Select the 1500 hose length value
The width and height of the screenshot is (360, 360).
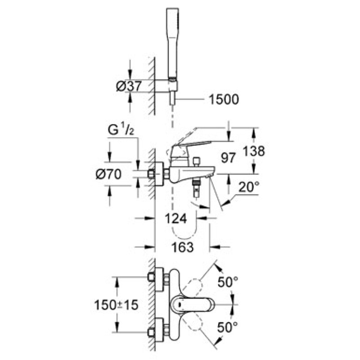(x=224, y=99)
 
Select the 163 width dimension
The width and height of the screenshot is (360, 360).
(x=182, y=247)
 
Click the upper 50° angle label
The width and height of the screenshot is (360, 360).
(x=228, y=282)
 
